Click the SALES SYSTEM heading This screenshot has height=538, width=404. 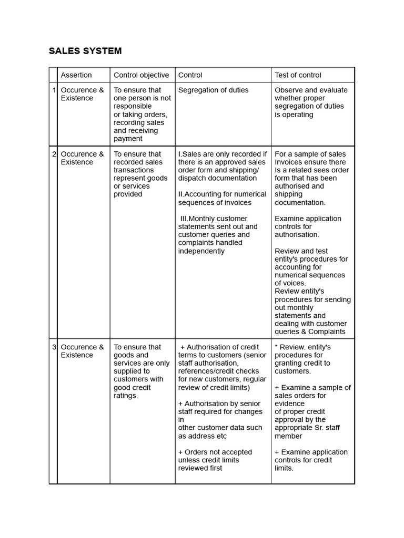coord(85,51)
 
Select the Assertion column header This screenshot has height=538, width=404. coord(76,75)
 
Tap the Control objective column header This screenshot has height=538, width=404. coord(142,75)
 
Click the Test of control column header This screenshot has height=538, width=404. coord(298,75)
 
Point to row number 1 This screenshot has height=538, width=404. coord(54,90)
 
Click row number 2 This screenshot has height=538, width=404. coord(54,154)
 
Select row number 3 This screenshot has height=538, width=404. coord(54,347)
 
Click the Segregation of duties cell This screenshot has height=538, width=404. coord(214,90)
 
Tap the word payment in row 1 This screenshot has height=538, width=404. coord(128,139)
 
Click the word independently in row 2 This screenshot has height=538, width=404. coord(201,251)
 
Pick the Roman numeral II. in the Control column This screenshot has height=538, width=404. coord(181,194)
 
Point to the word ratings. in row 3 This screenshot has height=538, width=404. coord(126,396)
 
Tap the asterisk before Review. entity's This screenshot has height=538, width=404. coord(276,347)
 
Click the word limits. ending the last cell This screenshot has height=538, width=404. coord(284,468)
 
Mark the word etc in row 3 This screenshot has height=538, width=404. coord(221,436)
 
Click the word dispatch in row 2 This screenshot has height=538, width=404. coord(192,178)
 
